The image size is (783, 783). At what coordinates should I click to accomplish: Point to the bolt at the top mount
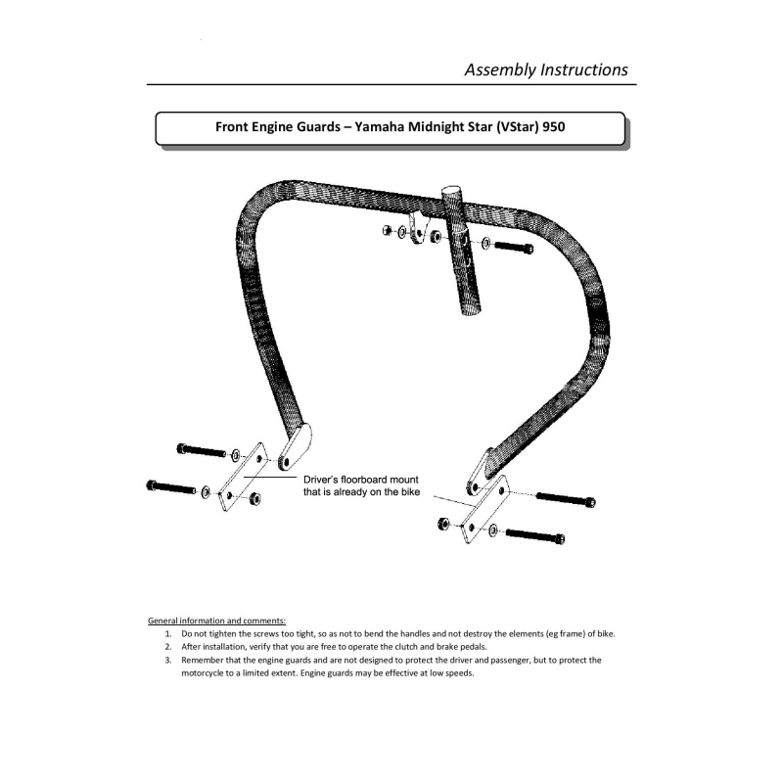[513, 247]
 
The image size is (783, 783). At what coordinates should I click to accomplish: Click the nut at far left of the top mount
[388, 231]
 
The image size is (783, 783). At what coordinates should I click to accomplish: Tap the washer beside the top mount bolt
[486, 243]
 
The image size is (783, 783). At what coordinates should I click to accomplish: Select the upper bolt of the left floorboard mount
[202, 450]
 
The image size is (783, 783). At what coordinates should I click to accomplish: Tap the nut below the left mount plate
[255, 499]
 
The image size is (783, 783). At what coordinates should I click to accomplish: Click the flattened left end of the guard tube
[294, 448]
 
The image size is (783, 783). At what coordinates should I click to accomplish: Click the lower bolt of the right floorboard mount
[534, 535]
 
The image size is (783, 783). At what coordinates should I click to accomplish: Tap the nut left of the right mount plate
[444, 523]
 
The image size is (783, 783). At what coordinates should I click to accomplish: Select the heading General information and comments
[216, 621]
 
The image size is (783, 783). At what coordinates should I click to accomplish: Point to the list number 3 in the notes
[168, 660]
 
